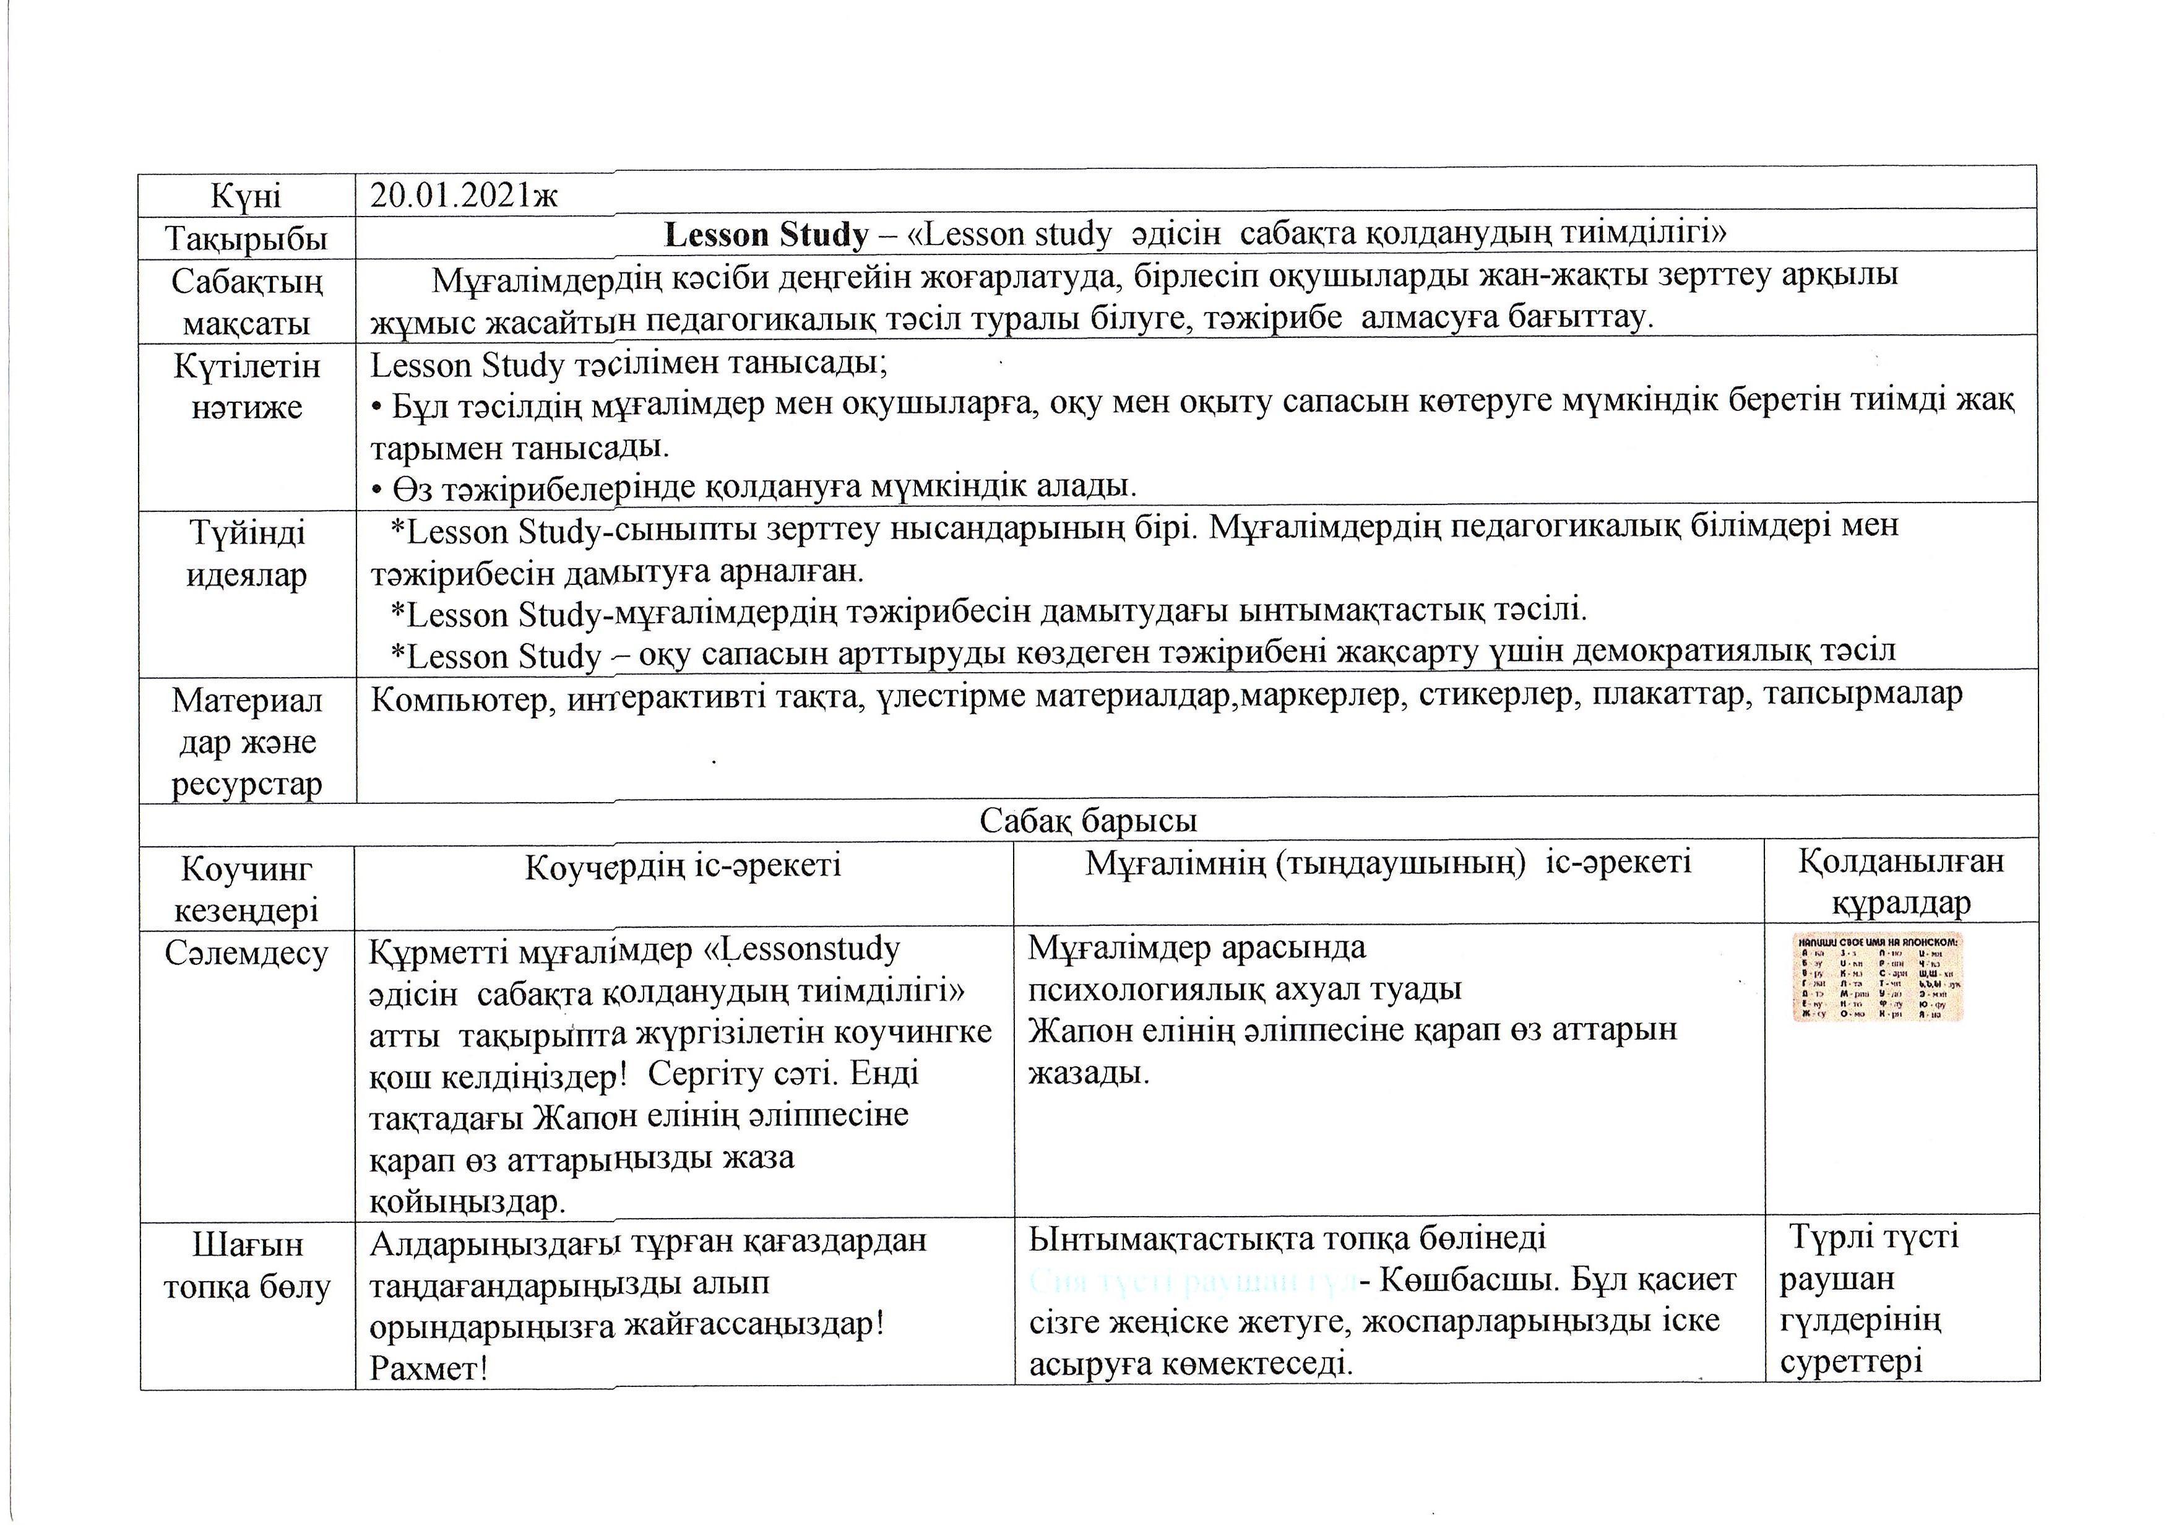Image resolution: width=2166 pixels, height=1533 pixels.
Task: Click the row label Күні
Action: [246, 196]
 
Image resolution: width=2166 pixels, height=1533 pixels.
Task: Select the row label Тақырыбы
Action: [246, 238]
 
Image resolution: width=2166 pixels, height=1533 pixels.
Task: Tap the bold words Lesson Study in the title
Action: [766, 234]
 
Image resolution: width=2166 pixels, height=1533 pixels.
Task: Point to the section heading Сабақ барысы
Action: [1087, 820]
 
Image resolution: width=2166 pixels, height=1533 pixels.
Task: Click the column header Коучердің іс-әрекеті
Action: [683, 866]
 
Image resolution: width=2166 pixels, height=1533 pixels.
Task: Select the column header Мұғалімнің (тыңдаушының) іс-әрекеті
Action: [1387, 862]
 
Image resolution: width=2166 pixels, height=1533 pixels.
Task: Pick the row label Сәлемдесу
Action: [246, 953]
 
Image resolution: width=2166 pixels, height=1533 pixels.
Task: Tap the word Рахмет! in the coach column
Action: [428, 1368]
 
